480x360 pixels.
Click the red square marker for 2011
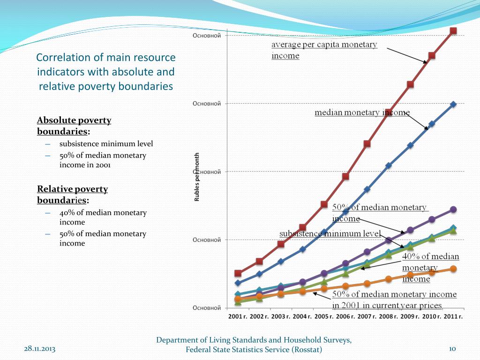coord(453,31)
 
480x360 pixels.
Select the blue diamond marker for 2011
coord(453,104)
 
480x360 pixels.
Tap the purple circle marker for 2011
coord(453,210)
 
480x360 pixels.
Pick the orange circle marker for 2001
coord(238,299)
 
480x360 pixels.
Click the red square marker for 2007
coord(367,143)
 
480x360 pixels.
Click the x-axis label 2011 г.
coord(453,316)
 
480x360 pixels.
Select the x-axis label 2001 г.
coord(238,316)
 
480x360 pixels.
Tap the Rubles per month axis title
coord(197,177)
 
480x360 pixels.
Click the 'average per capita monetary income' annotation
coord(324,50)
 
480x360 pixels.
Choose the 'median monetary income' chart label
coord(361,112)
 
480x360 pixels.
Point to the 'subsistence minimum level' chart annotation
coord(330,233)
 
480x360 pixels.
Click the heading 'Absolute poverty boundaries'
coord(74,126)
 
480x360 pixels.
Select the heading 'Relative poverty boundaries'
coord(73,195)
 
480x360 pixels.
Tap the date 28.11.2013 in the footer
coord(39,349)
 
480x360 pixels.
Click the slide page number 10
coord(452,349)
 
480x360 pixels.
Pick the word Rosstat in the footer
coord(307,350)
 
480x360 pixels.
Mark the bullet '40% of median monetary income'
coord(103,217)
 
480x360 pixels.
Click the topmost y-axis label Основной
coord(207,36)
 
